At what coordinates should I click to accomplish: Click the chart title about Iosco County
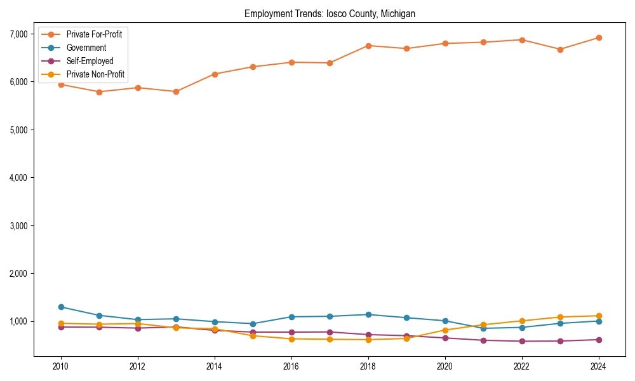330,13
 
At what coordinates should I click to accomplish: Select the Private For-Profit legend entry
94,34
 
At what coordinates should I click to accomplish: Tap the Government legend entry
86,48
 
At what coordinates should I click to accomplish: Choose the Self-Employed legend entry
90,61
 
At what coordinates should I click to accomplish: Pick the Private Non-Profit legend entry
95,74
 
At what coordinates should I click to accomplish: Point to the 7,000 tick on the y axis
18,34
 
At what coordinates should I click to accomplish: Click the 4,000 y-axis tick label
18,178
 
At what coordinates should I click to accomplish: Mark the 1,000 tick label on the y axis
18,321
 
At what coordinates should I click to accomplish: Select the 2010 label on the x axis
61,366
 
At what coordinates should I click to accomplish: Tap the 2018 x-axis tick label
368,366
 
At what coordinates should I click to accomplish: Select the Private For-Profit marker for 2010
61,84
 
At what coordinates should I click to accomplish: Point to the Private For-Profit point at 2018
368,46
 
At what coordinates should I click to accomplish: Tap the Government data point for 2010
61,307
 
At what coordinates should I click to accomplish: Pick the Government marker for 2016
291,317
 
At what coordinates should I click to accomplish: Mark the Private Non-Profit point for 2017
330,339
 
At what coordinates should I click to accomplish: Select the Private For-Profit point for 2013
176,91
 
